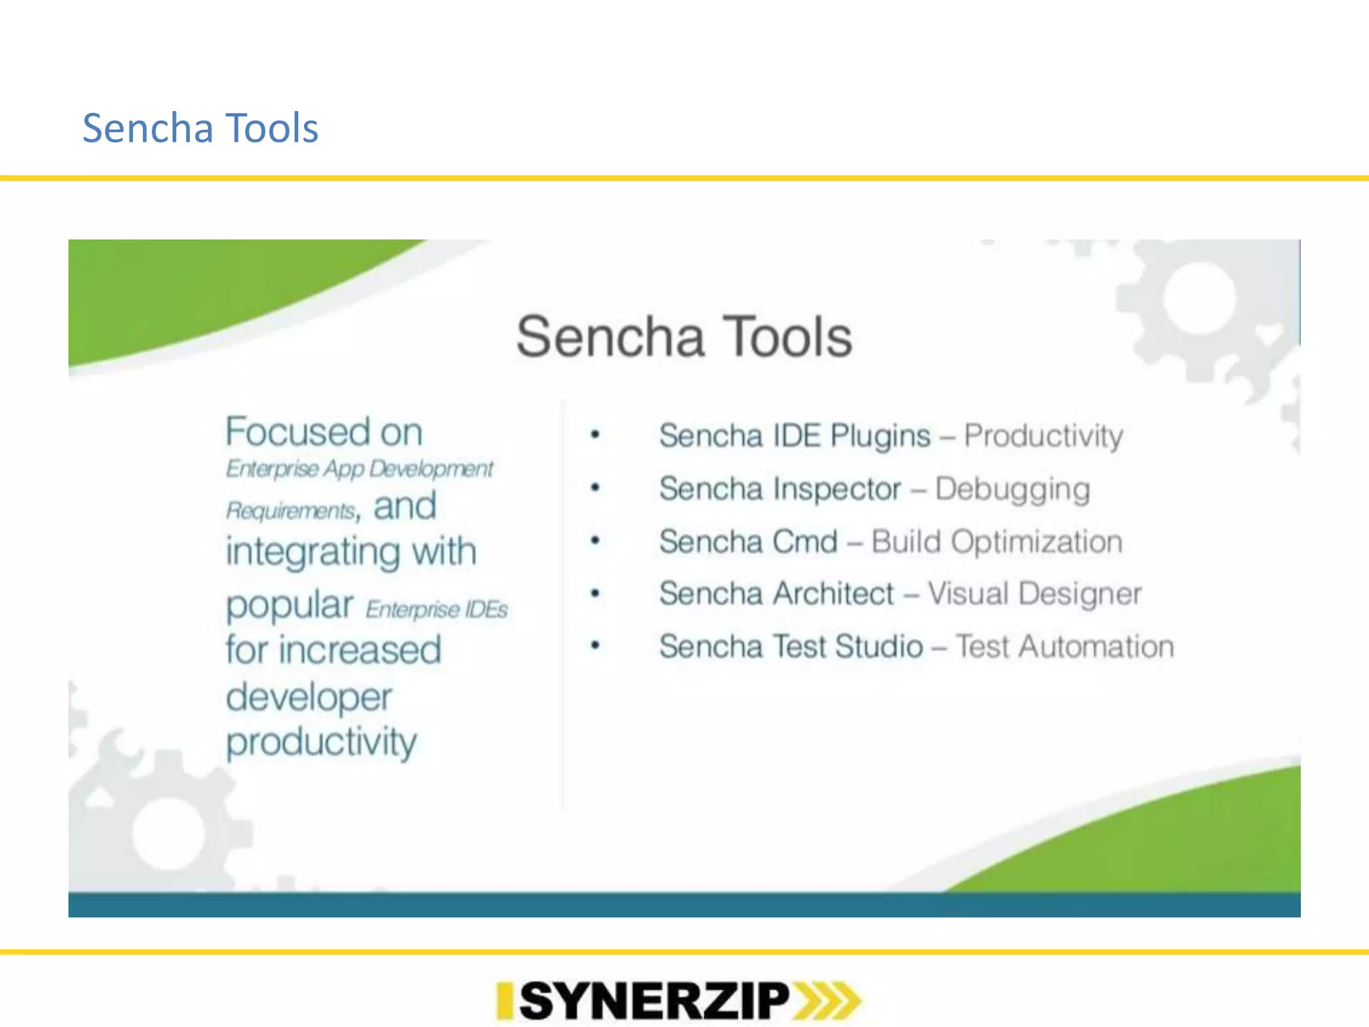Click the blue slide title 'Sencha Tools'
(200, 128)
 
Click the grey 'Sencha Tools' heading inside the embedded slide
(684, 337)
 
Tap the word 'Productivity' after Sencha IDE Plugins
(1043, 436)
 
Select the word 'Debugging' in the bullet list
(1012, 489)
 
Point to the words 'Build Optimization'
(996, 542)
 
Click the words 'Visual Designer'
(1034, 594)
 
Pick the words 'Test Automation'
(1064, 647)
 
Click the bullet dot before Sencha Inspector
(595, 487)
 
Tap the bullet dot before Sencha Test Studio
(595, 645)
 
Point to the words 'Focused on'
(324, 432)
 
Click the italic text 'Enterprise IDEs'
(437, 610)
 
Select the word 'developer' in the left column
(308, 697)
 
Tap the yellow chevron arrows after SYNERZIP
(826, 1001)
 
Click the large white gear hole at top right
(1199, 298)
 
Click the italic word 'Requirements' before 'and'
(290, 511)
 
